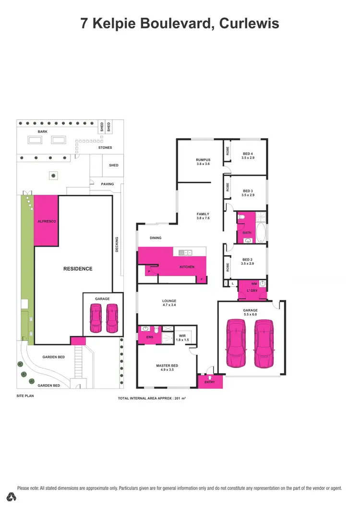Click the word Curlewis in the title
tap(249, 23)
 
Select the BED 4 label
tap(248, 154)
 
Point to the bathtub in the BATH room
tap(261, 233)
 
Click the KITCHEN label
tap(187, 267)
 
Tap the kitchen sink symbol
tap(185, 252)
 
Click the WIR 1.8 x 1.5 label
tap(182, 337)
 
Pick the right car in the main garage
tap(264, 344)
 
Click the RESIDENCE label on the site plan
tap(78, 269)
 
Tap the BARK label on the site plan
tap(43, 131)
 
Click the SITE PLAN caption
tap(25, 396)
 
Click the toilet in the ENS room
tap(156, 330)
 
